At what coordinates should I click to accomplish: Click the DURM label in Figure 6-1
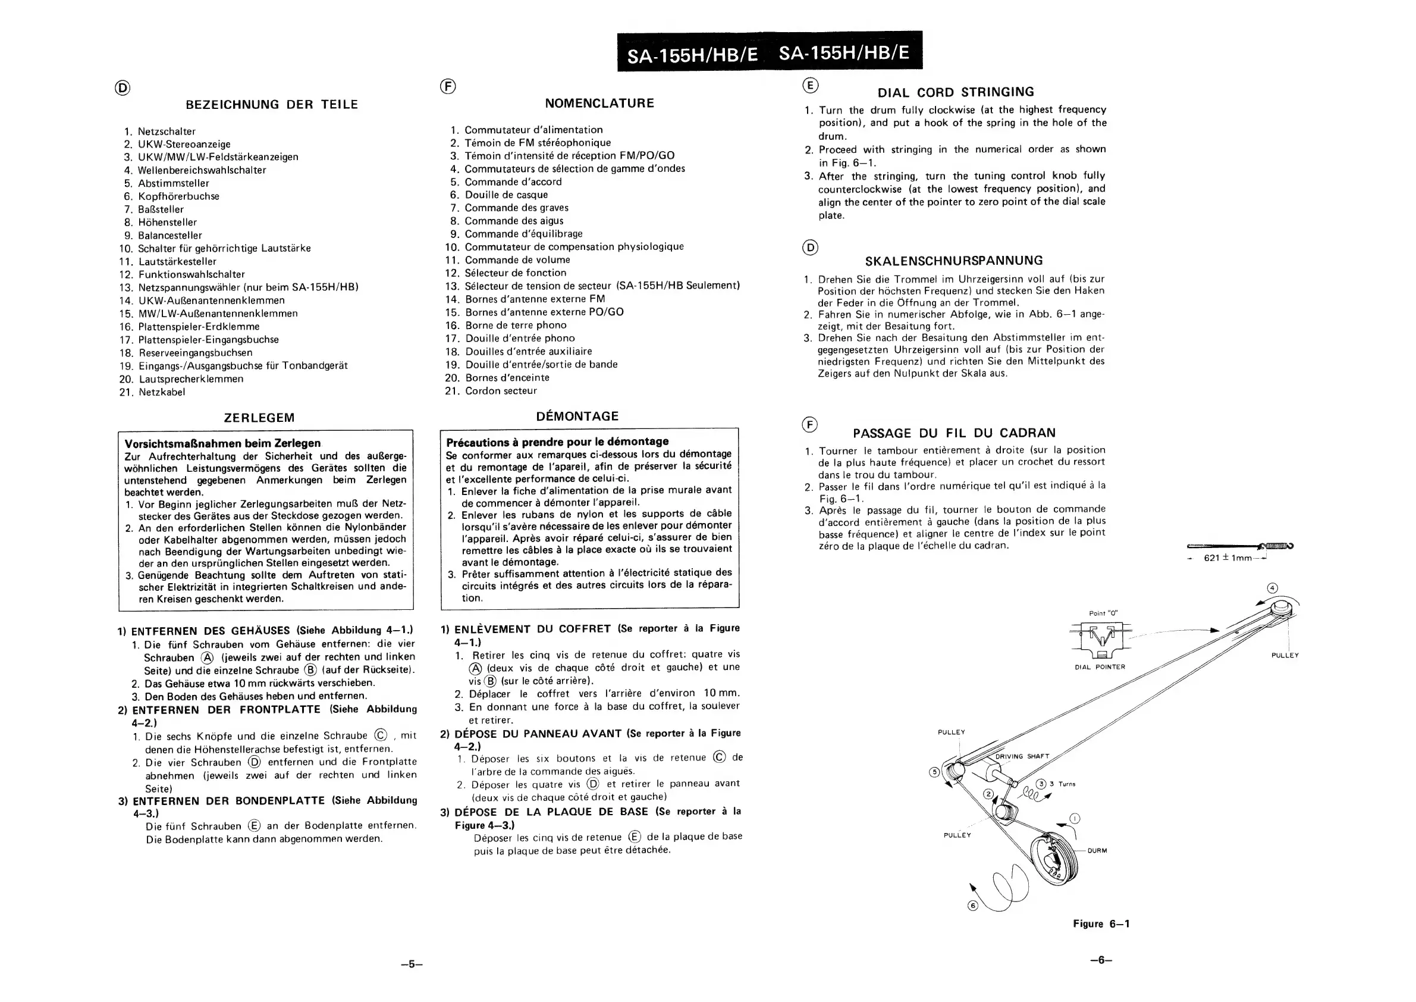(x=1097, y=850)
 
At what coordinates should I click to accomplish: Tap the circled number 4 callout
(x=1271, y=588)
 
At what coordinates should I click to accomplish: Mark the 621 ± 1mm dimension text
(x=1227, y=558)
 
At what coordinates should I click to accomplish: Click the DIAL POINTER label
(x=1100, y=667)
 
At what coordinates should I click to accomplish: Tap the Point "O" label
(x=1103, y=613)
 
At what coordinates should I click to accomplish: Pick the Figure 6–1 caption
(x=1101, y=923)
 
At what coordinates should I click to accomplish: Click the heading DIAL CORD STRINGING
(x=955, y=93)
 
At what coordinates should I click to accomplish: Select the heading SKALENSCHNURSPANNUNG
(x=953, y=261)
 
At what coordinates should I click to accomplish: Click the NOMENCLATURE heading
(x=599, y=104)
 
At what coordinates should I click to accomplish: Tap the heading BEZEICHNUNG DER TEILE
(x=271, y=105)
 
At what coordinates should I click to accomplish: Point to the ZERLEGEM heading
(x=259, y=418)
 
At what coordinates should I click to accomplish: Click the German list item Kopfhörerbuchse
(x=178, y=196)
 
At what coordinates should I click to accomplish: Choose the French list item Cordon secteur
(x=501, y=390)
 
